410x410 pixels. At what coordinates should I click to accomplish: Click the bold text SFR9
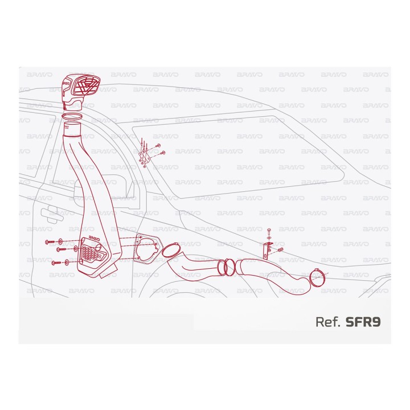tap(363, 322)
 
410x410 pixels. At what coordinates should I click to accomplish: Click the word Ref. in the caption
tap(328, 322)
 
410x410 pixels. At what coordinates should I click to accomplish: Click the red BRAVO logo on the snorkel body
tap(94, 238)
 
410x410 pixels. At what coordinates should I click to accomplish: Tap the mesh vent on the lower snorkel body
tap(92, 252)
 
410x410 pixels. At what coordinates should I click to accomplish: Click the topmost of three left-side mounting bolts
tap(50, 242)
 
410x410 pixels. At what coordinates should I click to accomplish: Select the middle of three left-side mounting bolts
tap(61, 249)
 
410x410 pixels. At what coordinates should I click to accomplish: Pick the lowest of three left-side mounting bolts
tap(56, 263)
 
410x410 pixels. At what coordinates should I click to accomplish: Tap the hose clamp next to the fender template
tap(171, 250)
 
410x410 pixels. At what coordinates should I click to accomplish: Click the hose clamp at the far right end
tap(318, 278)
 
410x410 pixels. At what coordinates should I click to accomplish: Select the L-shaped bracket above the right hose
tap(266, 250)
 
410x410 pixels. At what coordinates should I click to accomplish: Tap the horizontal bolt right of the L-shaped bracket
tap(280, 249)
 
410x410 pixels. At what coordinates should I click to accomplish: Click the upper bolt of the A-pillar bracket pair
tap(158, 146)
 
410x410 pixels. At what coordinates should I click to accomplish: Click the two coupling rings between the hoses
tap(227, 266)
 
